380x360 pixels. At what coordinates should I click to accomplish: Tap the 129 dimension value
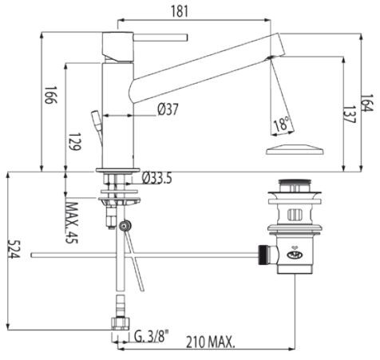coord(73,144)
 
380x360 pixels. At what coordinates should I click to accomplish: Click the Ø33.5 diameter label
coord(158,178)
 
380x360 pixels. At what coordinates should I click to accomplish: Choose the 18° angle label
coord(280,124)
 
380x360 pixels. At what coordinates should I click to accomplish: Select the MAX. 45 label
coord(73,220)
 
